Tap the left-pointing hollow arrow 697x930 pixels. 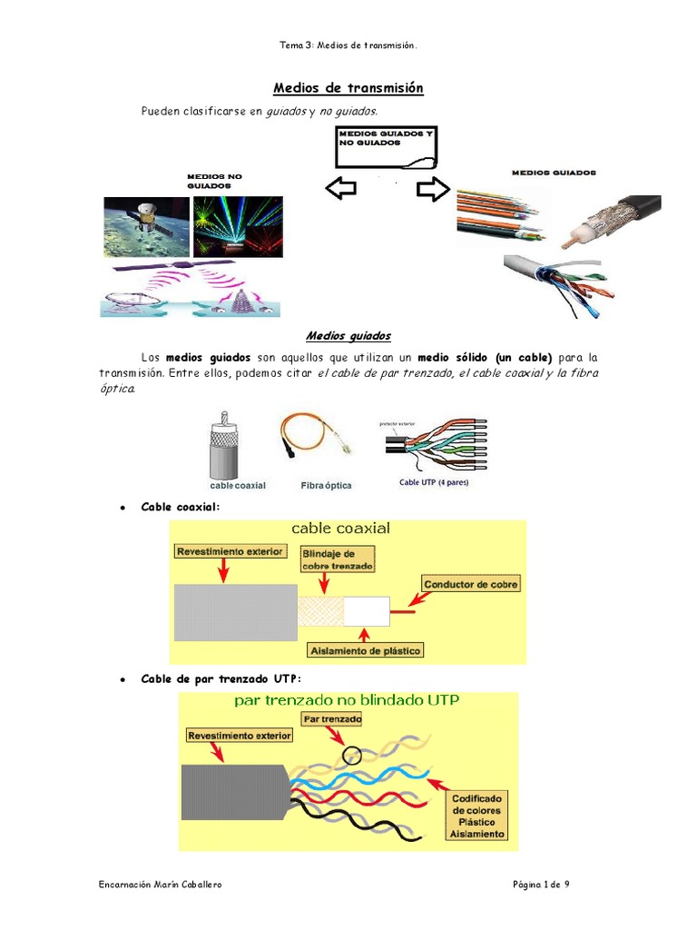click(x=340, y=189)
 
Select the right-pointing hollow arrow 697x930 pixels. click(x=433, y=189)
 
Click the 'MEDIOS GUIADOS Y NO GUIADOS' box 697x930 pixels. click(x=385, y=148)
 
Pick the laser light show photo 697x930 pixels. click(x=238, y=226)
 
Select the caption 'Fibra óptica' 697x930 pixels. click(x=326, y=486)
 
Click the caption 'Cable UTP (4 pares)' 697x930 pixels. click(x=434, y=482)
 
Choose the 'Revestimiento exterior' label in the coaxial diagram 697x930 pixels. click(x=231, y=551)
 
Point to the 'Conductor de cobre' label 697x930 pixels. click(x=471, y=584)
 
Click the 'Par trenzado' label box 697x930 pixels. click(x=332, y=718)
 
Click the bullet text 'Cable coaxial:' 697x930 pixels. click(x=181, y=507)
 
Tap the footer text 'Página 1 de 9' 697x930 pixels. click(x=540, y=885)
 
